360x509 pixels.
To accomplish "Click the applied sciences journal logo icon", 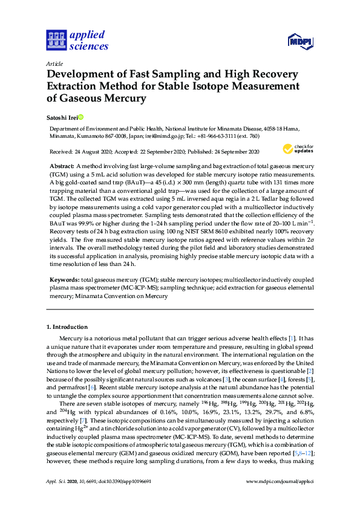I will [55, 40].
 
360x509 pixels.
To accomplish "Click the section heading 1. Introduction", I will [70, 327].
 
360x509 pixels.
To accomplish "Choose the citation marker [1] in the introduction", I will [292, 337].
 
